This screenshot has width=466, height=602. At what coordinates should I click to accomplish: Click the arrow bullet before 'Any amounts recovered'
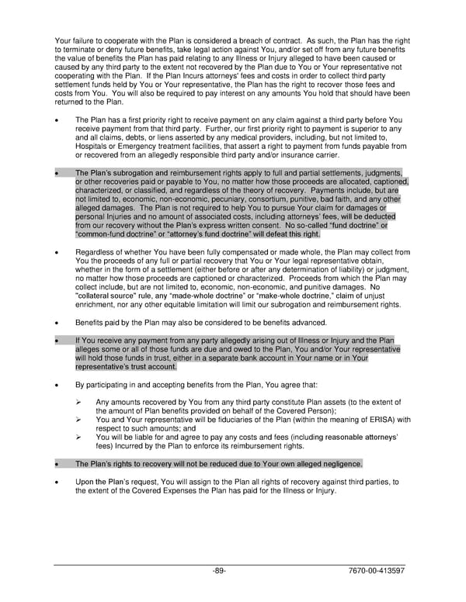pyautogui.click(x=79, y=402)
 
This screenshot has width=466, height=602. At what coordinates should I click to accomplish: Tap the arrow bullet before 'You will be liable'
pyautogui.click(x=79, y=437)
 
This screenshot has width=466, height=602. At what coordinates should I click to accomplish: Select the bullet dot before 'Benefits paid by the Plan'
pyautogui.click(x=57, y=323)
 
